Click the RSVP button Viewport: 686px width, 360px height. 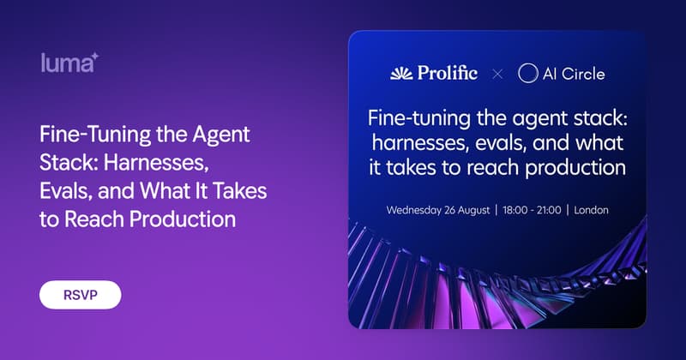tap(81, 295)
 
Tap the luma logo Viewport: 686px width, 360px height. tap(69, 63)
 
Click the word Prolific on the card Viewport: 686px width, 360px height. tap(447, 73)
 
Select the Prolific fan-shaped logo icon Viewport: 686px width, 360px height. tap(401, 74)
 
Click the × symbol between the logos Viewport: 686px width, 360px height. tap(497, 74)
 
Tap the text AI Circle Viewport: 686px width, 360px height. tap(574, 74)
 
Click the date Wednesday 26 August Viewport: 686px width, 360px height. tap(438, 210)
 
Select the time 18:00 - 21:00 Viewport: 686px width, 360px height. tap(532, 210)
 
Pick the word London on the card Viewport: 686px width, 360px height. tap(591, 210)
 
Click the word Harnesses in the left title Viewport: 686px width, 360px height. tap(156, 163)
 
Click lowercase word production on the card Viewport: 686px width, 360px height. tap(575, 168)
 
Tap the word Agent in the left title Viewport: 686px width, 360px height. tap(221, 135)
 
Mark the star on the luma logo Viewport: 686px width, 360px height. tap(94, 57)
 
